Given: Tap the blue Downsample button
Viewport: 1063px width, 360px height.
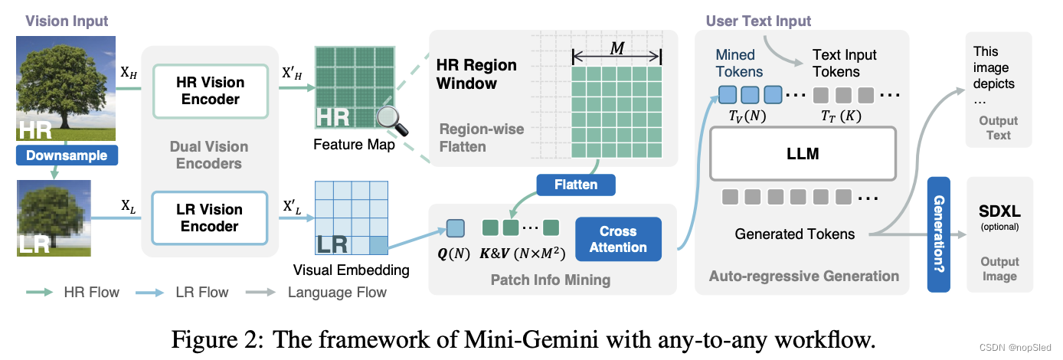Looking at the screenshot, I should point(67,155).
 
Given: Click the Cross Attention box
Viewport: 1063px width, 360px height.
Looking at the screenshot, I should point(617,239).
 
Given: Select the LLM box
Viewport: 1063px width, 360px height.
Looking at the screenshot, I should point(803,154).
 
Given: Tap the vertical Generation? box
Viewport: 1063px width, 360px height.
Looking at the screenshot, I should point(938,234).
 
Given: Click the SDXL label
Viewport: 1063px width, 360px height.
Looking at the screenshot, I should point(999,210).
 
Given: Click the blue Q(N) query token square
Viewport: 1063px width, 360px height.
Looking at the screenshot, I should point(455,227).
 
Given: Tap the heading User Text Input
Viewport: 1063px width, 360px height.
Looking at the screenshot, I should point(758,21).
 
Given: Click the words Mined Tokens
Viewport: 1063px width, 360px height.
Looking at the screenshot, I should point(739,63).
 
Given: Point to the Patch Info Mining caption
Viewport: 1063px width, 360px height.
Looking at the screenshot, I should point(550,280).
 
